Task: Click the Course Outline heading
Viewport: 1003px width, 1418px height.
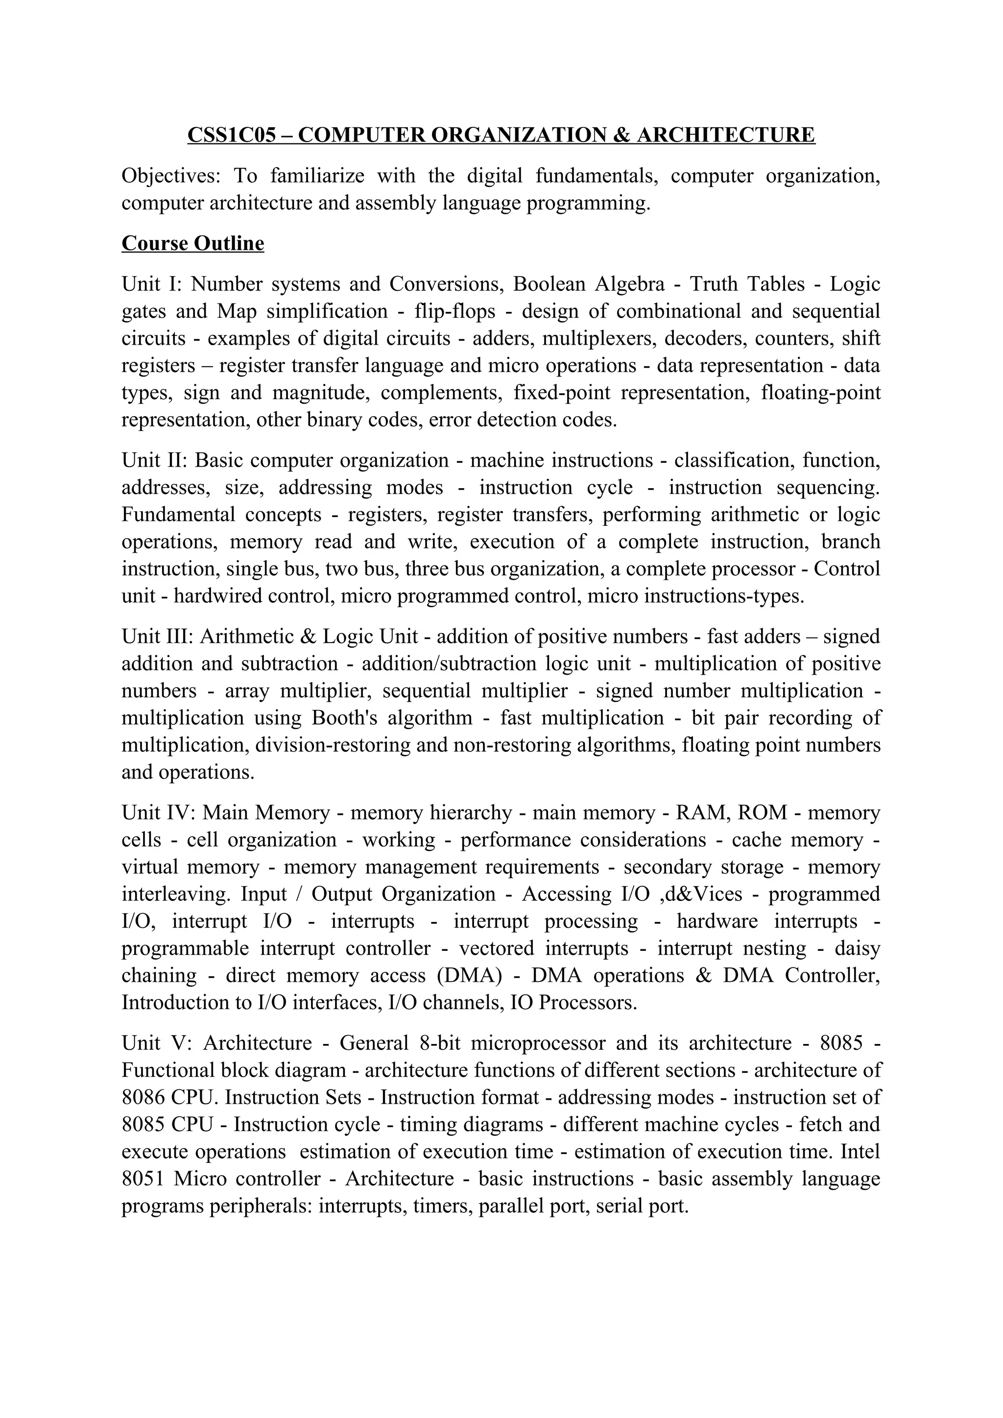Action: click(192, 243)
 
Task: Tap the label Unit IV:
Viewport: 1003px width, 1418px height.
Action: click(158, 813)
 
